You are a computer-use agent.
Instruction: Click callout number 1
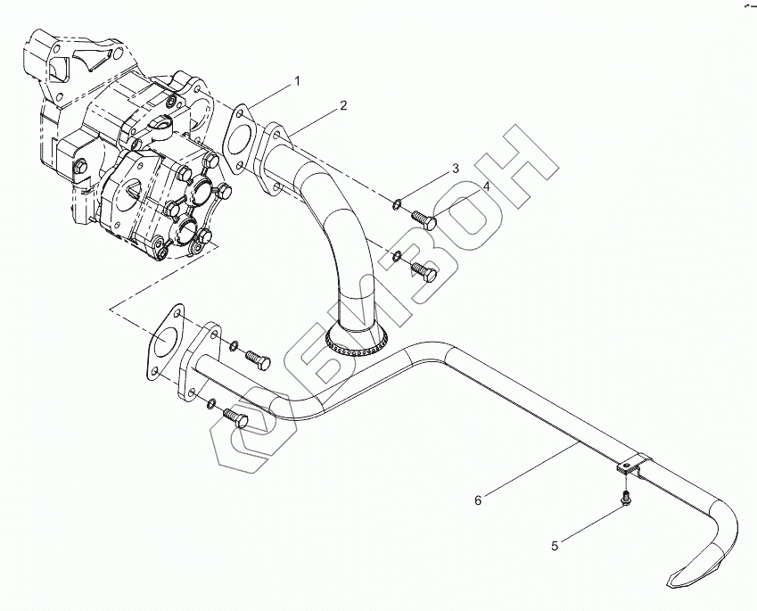point(298,81)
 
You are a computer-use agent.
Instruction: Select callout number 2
point(343,106)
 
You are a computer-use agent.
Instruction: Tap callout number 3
point(455,168)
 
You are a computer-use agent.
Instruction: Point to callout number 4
point(487,186)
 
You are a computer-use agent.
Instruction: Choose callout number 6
point(478,500)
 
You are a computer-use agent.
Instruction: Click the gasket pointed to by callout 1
point(237,139)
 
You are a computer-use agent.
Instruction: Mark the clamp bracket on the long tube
point(632,467)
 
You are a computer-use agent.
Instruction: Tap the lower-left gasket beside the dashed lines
point(163,343)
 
